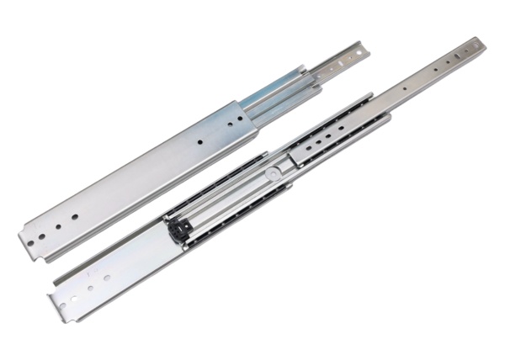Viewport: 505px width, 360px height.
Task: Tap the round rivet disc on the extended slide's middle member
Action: pyautogui.click(x=273, y=174)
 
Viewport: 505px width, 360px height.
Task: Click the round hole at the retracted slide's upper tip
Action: pyautogui.click(x=359, y=52)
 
